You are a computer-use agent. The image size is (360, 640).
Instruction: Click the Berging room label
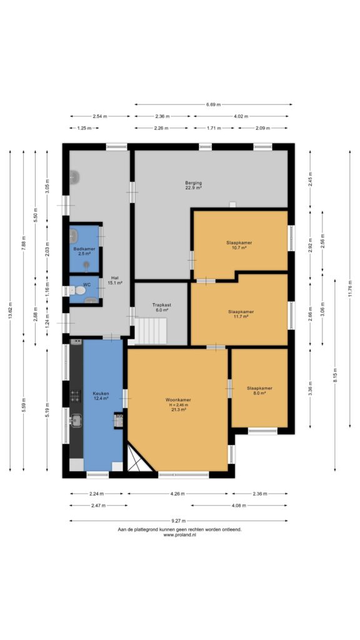coord(194,183)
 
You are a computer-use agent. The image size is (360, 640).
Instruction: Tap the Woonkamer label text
coord(178,399)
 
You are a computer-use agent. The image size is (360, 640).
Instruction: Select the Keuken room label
coord(101,393)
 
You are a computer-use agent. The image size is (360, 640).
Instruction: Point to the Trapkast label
coord(161,304)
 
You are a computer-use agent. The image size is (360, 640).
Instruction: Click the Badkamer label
coord(84,249)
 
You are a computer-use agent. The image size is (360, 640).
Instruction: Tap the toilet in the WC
coord(78,290)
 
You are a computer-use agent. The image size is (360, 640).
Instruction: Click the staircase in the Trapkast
coord(151,331)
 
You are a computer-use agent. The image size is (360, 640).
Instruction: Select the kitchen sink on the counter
coord(76,419)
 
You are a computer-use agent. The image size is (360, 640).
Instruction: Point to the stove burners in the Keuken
coord(76,396)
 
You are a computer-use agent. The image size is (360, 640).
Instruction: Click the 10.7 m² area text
coord(239,247)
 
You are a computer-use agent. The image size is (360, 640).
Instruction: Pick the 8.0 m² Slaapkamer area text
coord(259,394)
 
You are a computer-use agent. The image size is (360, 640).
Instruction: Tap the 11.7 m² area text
coord(241,317)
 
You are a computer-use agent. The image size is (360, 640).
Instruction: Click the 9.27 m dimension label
coord(178,521)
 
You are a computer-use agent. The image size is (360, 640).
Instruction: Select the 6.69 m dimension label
coord(213,104)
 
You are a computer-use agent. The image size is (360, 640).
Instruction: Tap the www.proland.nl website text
coord(179,535)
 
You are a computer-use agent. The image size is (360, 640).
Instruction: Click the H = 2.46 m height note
coord(178,405)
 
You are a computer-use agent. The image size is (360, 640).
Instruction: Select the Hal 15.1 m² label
coord(115,279)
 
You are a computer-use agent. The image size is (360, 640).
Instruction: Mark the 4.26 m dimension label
coord(177,494)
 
